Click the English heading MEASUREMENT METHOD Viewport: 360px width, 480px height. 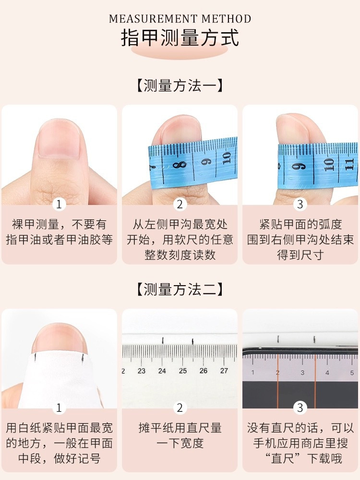pyautogui.click(x=180, y=19)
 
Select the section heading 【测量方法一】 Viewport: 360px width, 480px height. pyautogui.click(x=180, y=86)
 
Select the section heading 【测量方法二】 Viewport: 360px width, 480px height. pyautogui.click(x=180, y=289)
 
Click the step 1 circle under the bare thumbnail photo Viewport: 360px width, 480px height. pyautogui.click(x=59, y=204)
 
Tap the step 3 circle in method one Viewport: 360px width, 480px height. pyautogui.click(x=300, y=204)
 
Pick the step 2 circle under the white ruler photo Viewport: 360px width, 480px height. pyautogui.click(x=180, y=408)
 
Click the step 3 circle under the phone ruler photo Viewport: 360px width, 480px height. pyautogui.click(x=300, y=408)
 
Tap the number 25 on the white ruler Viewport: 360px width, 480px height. pyautogui.click(x=183, y=371)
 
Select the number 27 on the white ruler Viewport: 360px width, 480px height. pyautogui.click(x=224, y=371)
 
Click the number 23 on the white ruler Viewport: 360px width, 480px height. pyautogui.click(x=142, y=371)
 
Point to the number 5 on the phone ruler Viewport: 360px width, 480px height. pyautogui.click(x=352, y=372)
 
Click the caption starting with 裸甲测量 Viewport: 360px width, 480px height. pyautogui.click(x=59, y=232)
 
